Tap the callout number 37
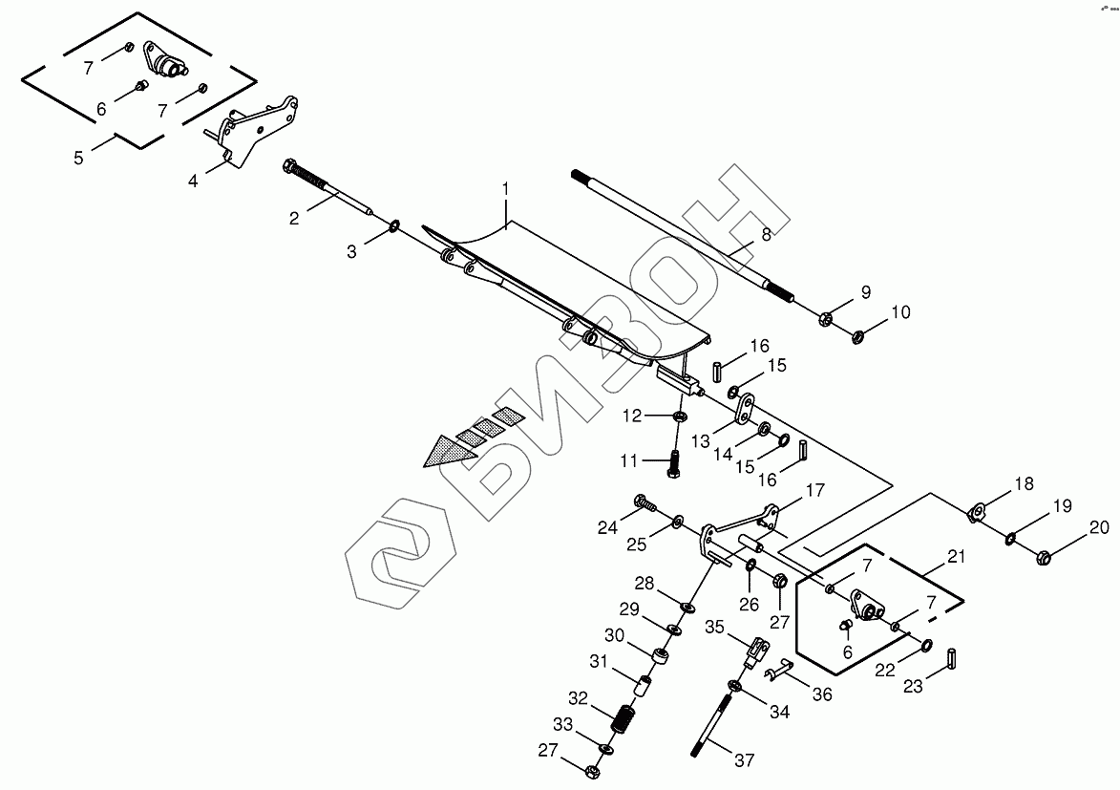[744, 760]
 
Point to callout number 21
[957, 557]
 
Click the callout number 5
[79, 158]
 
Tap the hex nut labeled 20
[1044, 555]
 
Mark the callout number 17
[814, 492]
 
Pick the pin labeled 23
[952, 659]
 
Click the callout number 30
[614, 635]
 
